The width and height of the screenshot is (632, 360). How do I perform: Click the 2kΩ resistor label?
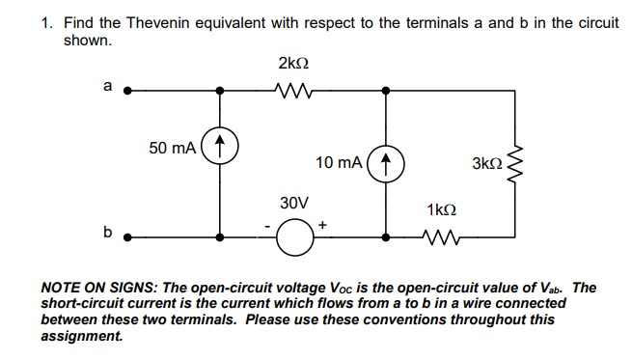click(x=292, y=65)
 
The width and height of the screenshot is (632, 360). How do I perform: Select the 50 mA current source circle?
click(x=222, y=148)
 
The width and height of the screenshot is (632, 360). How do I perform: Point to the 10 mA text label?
click(x=338, y=163)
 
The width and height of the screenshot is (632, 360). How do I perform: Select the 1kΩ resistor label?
click(x=440, y=210)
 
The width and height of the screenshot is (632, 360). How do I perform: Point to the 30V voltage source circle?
click(x=293, y=235)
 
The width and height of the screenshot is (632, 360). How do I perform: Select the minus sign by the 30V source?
click(x=267, y=228)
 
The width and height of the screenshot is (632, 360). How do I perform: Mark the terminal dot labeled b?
click(x=126, y=235)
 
